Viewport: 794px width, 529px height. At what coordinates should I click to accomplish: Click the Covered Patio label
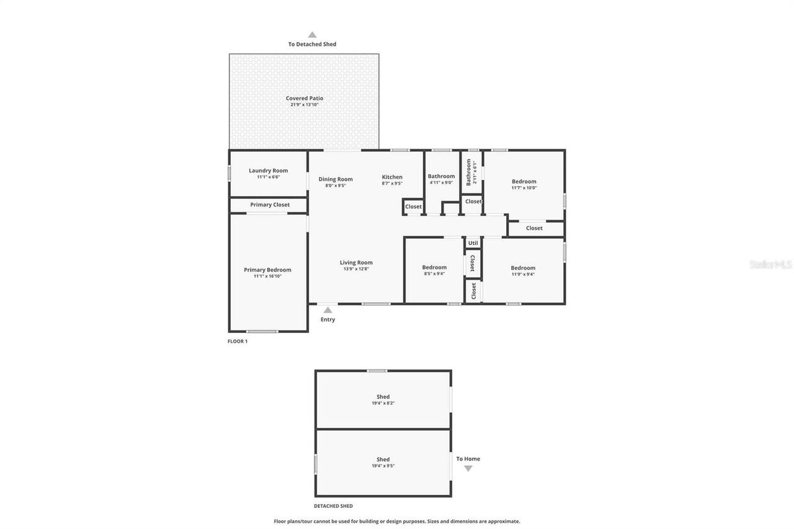[x=304, y=98]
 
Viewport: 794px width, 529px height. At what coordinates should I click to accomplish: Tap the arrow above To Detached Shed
[x=312, y=35]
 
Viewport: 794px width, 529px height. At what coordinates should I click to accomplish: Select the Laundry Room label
[x=268, y=171]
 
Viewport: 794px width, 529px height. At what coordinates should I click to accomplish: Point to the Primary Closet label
[x=270, y=205]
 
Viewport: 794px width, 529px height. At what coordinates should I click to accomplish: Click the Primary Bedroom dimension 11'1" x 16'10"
[x=267, y=277]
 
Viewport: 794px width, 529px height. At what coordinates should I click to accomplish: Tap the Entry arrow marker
[x=328, y=310]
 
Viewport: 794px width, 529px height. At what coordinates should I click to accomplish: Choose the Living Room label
[x=356, y=262]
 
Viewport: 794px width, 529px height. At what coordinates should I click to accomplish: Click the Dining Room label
[x=336, y=179]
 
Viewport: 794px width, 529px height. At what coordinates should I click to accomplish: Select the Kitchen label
[x=392, y=177]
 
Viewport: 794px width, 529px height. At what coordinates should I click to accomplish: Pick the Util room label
[x=473, y=243]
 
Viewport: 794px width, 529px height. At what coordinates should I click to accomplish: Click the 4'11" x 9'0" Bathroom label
[x=441, y=176]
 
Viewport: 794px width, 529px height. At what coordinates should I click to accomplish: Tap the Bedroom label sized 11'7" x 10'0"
[x=524, y=182]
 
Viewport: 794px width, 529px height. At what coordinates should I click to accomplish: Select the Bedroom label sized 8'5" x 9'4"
[x=434, y=267]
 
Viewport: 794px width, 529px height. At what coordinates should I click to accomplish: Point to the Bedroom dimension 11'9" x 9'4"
[x=523, y=274]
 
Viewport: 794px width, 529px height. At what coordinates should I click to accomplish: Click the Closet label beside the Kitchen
[x=413, y=207]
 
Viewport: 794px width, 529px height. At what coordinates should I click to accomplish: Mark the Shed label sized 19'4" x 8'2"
[x=383, y=397]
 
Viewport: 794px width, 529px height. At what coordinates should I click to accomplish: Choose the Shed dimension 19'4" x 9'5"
[x=383, y=466]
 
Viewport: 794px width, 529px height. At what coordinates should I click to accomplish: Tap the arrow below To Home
[x=468, y=469]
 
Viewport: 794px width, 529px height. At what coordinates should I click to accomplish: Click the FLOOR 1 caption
[x=238, y=341]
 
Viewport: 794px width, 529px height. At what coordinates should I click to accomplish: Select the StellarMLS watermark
[x=770, y=264]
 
